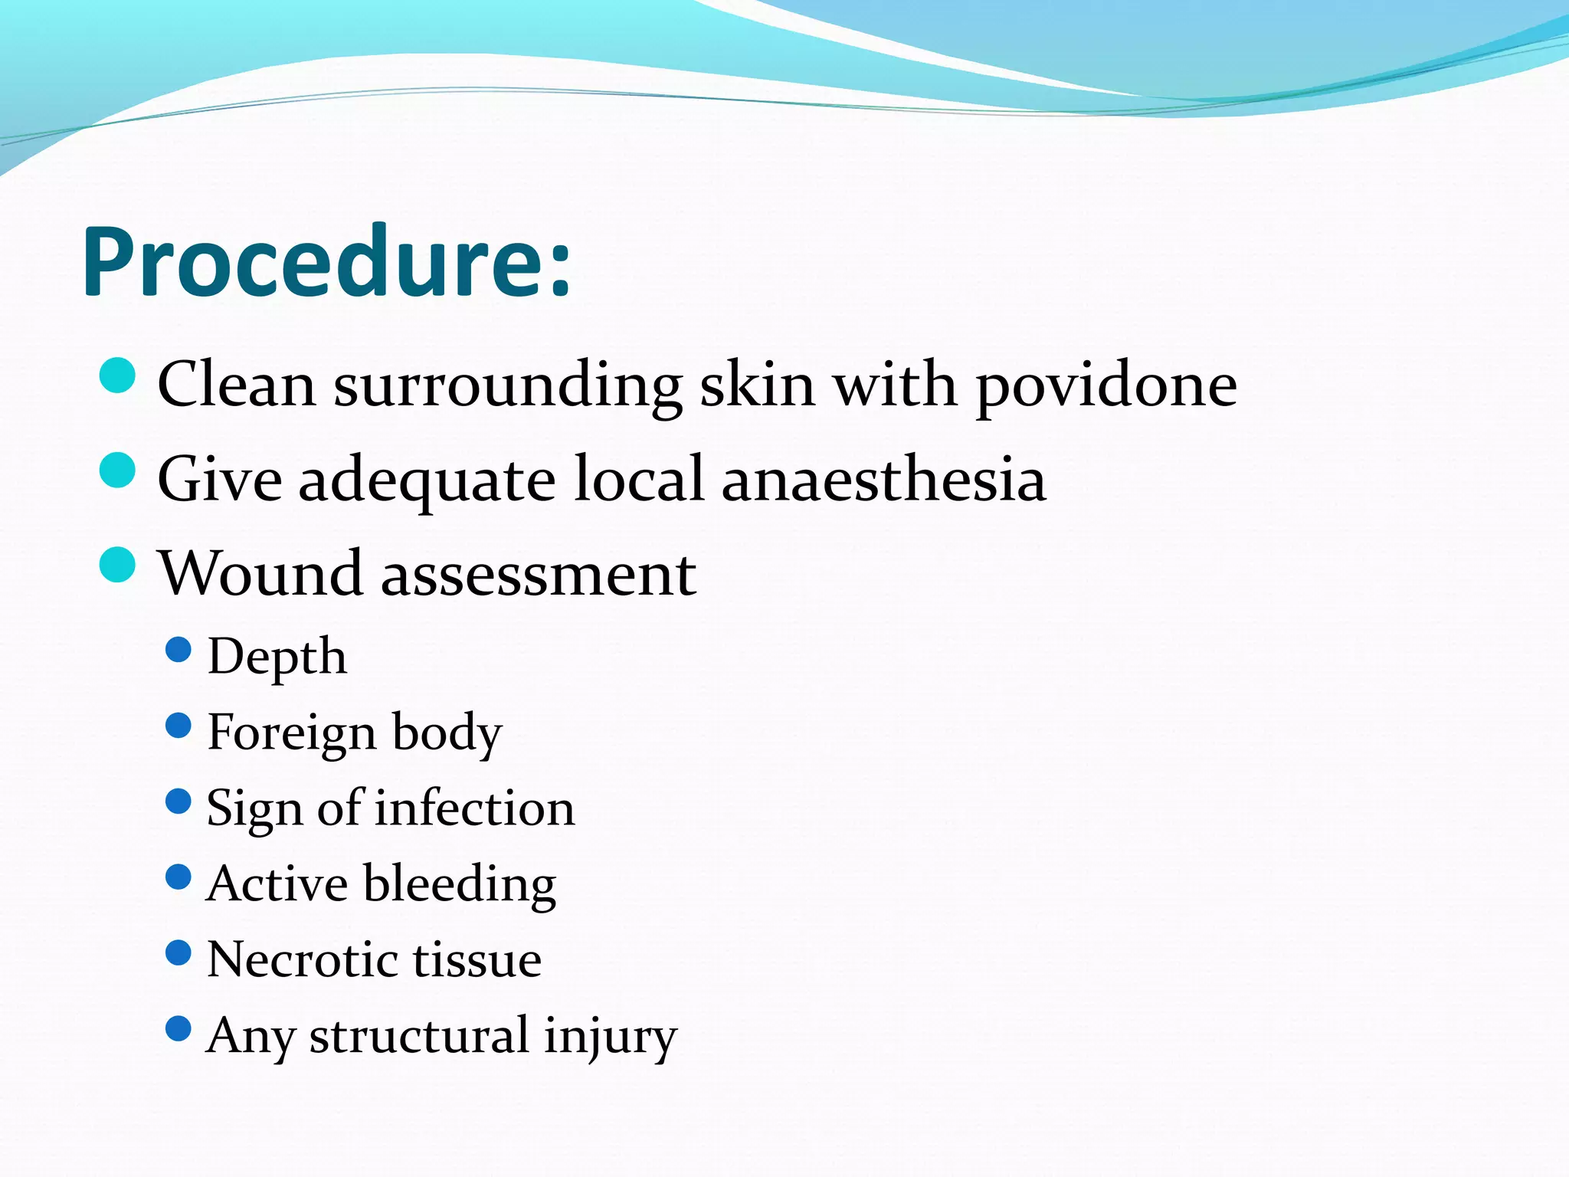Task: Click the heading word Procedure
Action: click(x=326, y=262)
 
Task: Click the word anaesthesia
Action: click(x=883, y=480)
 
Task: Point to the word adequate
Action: click(x=427, y=481)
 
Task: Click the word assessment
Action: click(x=539, y=575)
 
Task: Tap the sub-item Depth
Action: click(x=277, y=657)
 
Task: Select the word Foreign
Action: click(x=291, y=733)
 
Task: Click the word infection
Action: click(x=474, y=808)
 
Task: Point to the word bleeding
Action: click(x=459, y=884)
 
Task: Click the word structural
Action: click(x=418, y=1035)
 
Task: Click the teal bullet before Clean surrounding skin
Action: click(x=118, y=375)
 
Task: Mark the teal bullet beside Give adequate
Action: click(x=118, y=470)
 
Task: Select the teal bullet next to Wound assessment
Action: click(x=118, y=565)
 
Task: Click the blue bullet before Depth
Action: click(x=178, y=650)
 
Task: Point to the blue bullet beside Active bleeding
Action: click(x=178, y=877)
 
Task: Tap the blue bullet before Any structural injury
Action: click(x=178, y=1028)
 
